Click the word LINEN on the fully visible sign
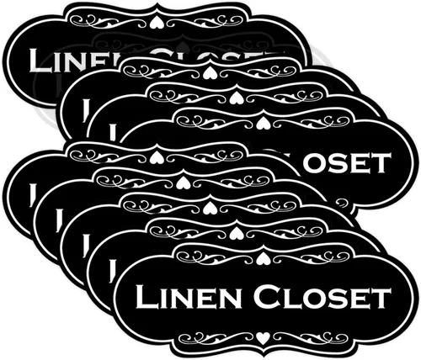pyautogui.click(x=189, y=296)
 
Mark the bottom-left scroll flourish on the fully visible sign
pyautogui.click(x=216, y=338)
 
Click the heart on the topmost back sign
pyautogui.click(x=153, y=23)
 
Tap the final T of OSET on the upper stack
pyautogui.click(x=381, y=163)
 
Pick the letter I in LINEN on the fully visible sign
pyautogui.click(x=167, y=299)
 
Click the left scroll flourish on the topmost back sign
pyautogui.click(x=107, y=21)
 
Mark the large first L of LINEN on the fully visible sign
pyautogui.click(x=148, y=296)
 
